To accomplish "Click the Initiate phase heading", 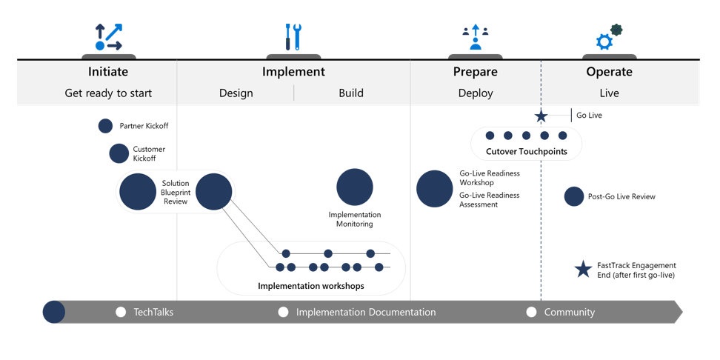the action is pos(108,72).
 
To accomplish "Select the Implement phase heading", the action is pos(293,72).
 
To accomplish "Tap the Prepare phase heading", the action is pos(476,72).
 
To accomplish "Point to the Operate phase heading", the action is pos(610,72).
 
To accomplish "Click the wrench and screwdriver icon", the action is pos(293,37).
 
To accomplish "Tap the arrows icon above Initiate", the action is pos(109,37).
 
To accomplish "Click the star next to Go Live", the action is pos(541,116).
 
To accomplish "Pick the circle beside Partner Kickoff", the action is pos(106,126).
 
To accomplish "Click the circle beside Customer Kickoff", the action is pos(119,153).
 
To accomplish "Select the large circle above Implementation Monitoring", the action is pos(355,187).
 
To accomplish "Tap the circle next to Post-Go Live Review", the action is pos(573,196).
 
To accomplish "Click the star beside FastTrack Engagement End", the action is pos(584,270).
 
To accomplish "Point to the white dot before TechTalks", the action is pos(121,313).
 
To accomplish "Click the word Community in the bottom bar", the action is pos(570,313).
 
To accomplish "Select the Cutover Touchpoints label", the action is pos(527,152).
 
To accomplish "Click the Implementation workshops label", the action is pos(311,286).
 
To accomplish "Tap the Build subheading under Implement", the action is pos(351,93).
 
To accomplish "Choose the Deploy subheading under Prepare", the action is pos(476,93).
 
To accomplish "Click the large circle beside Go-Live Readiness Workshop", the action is pos(434,189).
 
